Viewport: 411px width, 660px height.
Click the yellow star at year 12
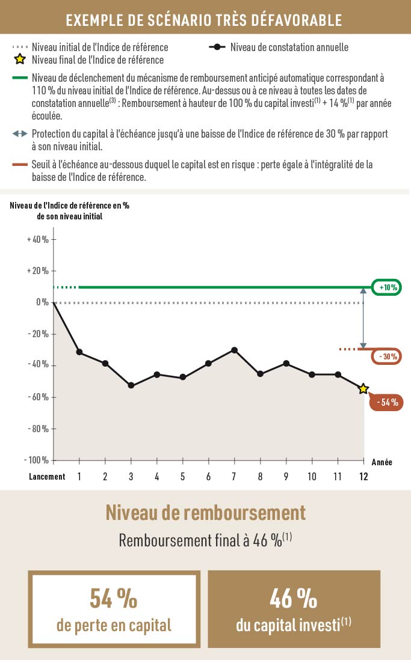click(363, 389)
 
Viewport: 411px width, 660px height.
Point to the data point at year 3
click(131, 385)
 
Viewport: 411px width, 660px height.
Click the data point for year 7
click(235, 350)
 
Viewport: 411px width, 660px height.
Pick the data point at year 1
click(79, 352)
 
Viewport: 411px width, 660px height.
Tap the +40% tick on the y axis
click(38, 239)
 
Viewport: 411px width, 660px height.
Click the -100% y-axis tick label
click(37, 460)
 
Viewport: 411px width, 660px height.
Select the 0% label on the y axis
click(42, 302)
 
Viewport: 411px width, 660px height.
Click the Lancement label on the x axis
click(47, 477)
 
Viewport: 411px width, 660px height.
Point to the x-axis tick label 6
click(208, 477)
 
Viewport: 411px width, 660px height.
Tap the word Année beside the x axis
click(382, 462)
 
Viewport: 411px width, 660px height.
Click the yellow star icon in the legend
click(20, 60)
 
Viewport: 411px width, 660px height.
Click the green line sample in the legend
click(20, 78)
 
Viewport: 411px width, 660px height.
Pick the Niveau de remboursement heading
click(205, 513)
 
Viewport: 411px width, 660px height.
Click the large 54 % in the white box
click(114, 599)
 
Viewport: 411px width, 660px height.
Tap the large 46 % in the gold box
click(294, 599)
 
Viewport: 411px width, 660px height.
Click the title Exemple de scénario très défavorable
click(204, 20)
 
